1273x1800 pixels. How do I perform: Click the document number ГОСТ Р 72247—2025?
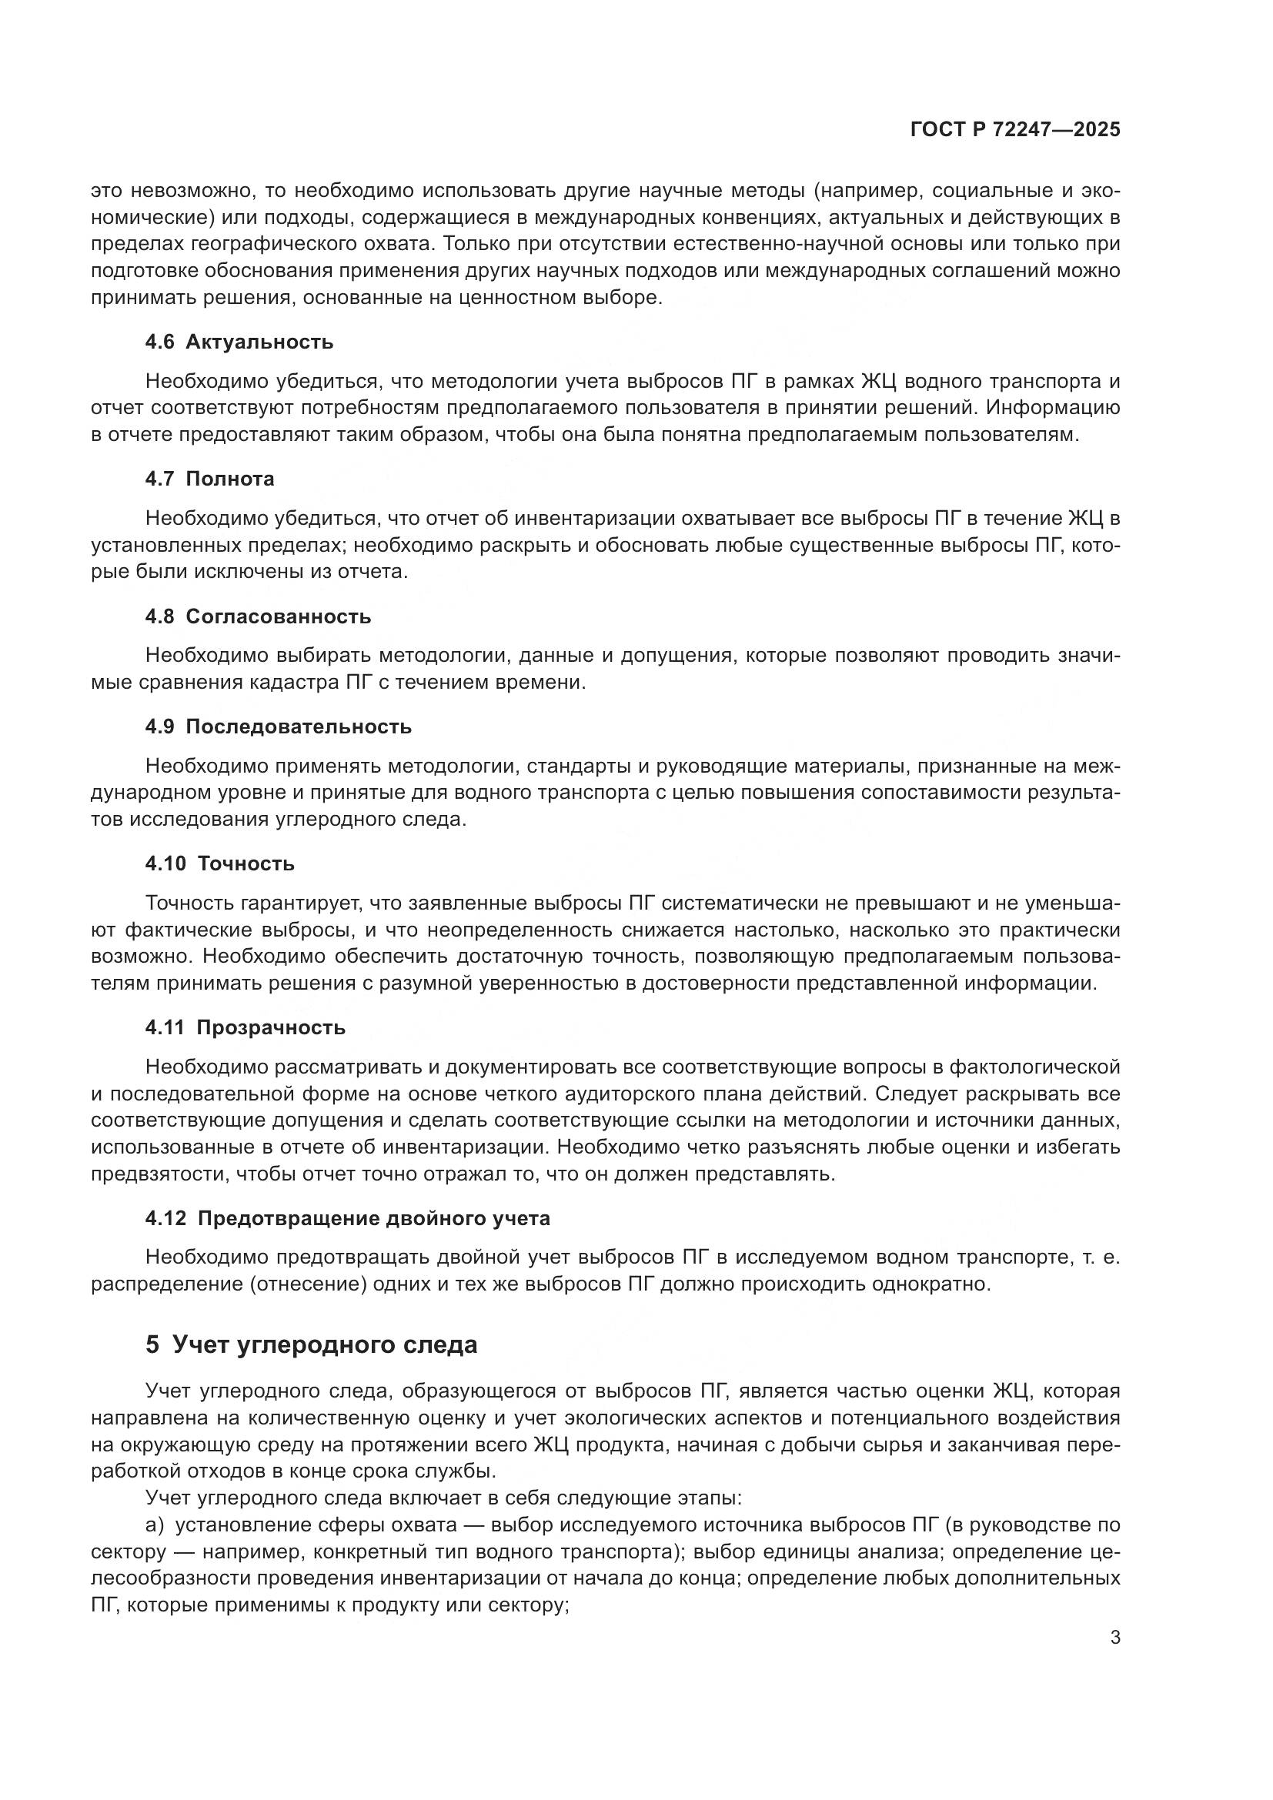coord(1014,130)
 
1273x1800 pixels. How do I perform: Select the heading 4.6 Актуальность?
coord(239,342)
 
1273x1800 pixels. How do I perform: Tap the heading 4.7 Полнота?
coord(209,479)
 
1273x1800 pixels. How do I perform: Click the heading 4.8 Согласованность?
coord(258,616)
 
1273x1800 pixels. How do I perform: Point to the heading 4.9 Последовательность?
coord(279,726)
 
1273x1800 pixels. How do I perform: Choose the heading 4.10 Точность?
coord(219,864)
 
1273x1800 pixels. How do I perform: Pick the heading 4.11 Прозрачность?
coord(245,1028)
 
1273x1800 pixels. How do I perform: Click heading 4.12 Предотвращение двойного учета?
coord(347,1218)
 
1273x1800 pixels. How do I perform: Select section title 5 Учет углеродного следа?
coord(311,1345)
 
